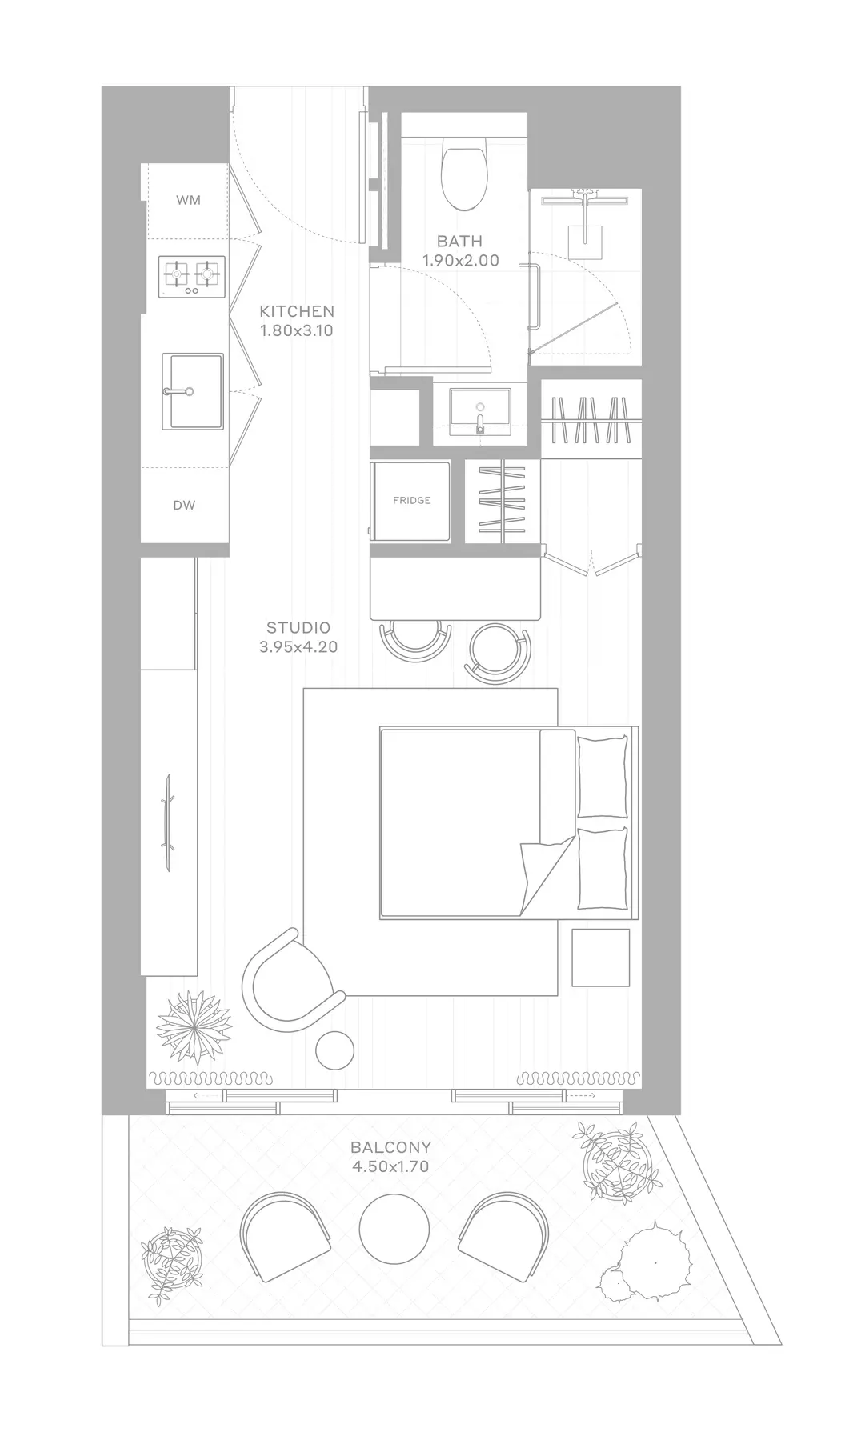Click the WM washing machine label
click(189, 200)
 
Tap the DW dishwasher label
click(184, 506)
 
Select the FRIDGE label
click(412, 500)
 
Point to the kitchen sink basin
click(193, 391)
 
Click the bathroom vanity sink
click(479, 410)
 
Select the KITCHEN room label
click(297, 311)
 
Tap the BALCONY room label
click(390, 1147)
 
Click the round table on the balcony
click(394, 1228)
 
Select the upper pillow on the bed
click(601, 777)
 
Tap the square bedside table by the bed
click(600, 958)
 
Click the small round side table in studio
click(334, 1050)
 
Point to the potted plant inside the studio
click(193, 1026)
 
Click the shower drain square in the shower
click(585, 235)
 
